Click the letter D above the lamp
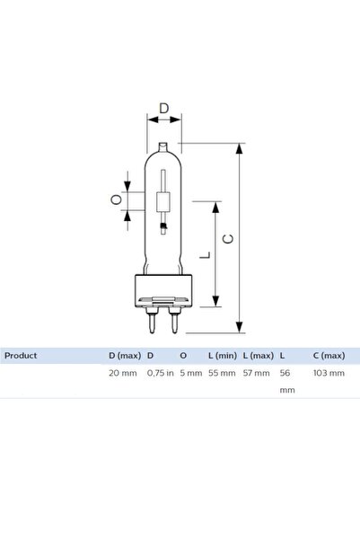(164, 108)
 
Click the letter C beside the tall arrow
(228, 238)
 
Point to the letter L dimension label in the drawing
(205, 255)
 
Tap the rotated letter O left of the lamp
(117, 199)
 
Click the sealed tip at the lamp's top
(163, 147)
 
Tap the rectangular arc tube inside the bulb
(163, 202)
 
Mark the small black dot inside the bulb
(163, 226)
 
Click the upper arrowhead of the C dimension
(240, 148)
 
